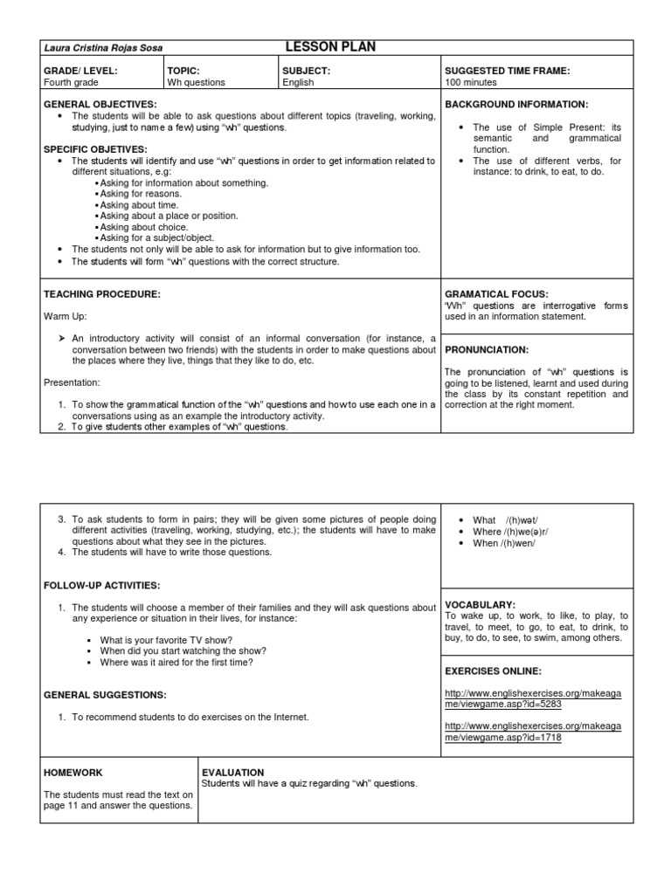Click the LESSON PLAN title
(330, 47)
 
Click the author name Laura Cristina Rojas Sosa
(103, 48)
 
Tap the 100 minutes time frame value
(471, 83)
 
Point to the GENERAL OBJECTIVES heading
(100, 104)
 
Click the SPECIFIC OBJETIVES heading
(96, 149)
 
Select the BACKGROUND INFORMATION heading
(516, 104)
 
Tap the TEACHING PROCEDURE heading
(102, 294)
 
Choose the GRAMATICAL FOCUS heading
(496, 294)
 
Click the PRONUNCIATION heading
(487, 349)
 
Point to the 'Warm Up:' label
(66, 315)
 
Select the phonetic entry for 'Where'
(510, 532)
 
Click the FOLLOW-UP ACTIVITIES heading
(102, 584)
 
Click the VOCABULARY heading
(481, 604)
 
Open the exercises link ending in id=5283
(532, 698)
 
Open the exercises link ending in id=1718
(532, 732)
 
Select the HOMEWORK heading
(73, 773)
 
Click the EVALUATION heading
(233, 773)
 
